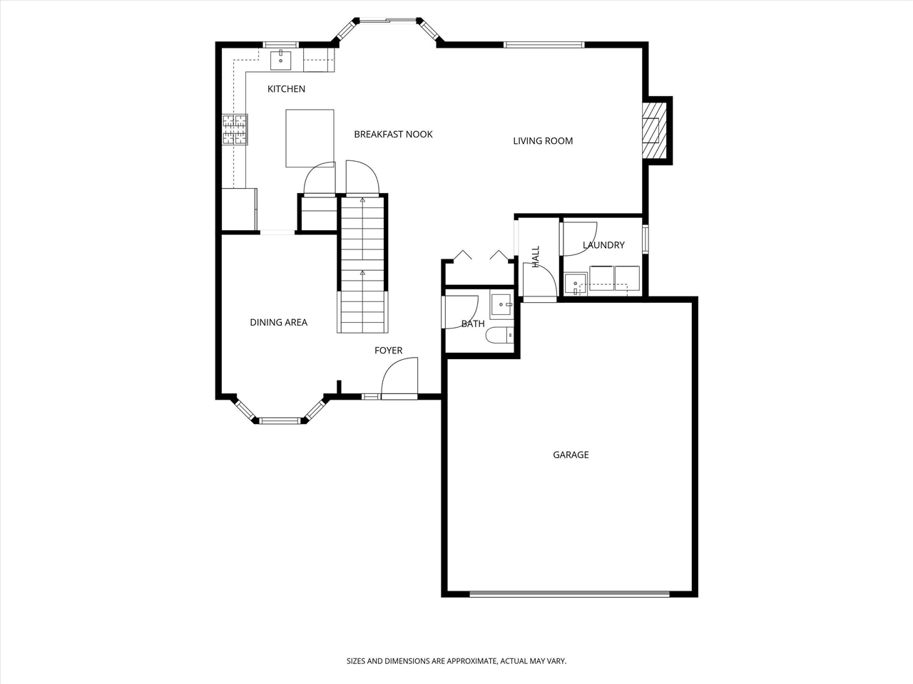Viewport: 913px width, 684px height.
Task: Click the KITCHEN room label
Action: pos(286,89)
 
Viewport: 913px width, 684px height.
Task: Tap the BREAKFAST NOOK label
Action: pos(393,134)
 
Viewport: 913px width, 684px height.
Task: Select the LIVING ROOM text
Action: pos(543,141)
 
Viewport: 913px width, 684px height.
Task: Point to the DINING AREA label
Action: pos(278,323)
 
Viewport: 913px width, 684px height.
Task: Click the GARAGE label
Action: pos(571,455)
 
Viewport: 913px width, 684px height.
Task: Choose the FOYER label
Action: pos(388,351)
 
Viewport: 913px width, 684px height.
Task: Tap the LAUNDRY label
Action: pos(603,245)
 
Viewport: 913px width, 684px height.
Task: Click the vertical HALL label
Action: pos(536,256)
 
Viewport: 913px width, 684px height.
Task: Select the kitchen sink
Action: pos(281,60)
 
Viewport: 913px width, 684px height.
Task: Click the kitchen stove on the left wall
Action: pos(235,130)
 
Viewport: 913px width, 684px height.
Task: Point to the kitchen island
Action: pos(310,138)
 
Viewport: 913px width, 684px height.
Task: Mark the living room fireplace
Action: pos(653,130)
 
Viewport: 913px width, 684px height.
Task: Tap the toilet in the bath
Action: pos(497,335)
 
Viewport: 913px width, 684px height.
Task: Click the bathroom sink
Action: pos(501,305)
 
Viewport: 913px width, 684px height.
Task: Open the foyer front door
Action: pos(399,378)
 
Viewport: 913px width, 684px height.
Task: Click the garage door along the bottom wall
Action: pos(569,593)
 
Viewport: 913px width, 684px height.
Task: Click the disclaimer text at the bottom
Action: pos(456,661)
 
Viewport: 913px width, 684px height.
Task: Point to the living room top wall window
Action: pos(544,45)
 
